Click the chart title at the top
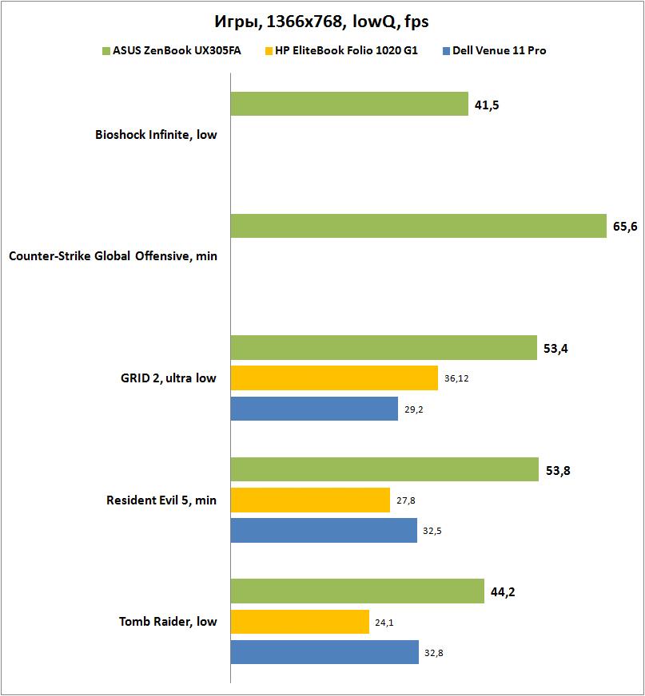click(x=322, y=21)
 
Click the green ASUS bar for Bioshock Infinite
click(x=349, y=104)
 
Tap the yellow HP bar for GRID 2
click(x=334, y=378)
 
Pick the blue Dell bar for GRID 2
click(x=314, y=409)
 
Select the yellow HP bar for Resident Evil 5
click(x=310, y=500)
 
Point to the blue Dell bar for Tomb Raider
click(x=324, y=651)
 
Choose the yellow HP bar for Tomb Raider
click(x=300, y=621)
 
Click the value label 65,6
click(x=625, y=227)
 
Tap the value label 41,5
click(x=487, y=105)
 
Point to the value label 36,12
click(x=456, y=378)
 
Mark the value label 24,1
click(x=384, y=622)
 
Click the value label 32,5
click(x=432, y=531)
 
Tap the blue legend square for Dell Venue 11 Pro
click(x=446, y=51)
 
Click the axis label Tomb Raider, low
click(x=168, y=622)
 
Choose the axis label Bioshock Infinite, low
click(x=156, y=135)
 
